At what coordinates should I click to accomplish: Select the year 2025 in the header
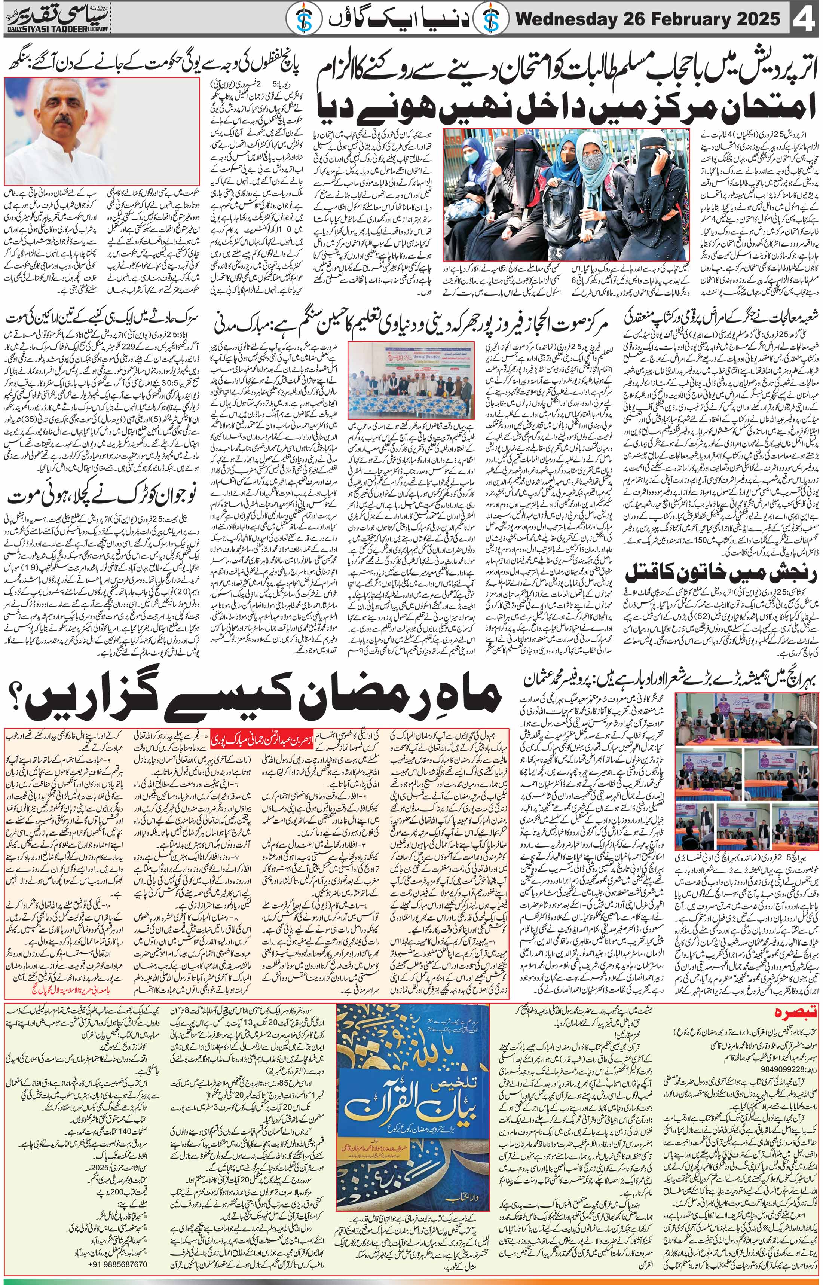click(753, 20)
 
